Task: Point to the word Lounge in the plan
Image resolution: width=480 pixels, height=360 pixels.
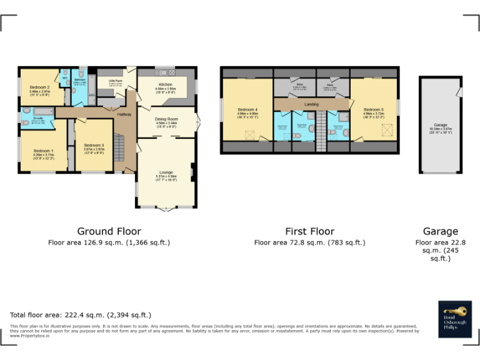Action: (166, 172)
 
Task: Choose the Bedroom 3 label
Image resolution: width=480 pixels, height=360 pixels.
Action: (94, 146)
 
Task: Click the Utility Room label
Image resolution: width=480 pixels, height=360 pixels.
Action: (114, 81)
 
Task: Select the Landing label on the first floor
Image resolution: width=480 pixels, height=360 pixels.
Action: (311, 104)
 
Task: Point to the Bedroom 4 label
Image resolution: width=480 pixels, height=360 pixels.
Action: (247, 111)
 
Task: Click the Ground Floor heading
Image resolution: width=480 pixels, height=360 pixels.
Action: (109, 231)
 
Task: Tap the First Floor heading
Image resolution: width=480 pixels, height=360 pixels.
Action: (309, 231)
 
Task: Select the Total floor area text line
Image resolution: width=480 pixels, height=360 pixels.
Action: (81, 315)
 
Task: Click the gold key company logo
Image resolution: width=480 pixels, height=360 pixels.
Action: (454, 310)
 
